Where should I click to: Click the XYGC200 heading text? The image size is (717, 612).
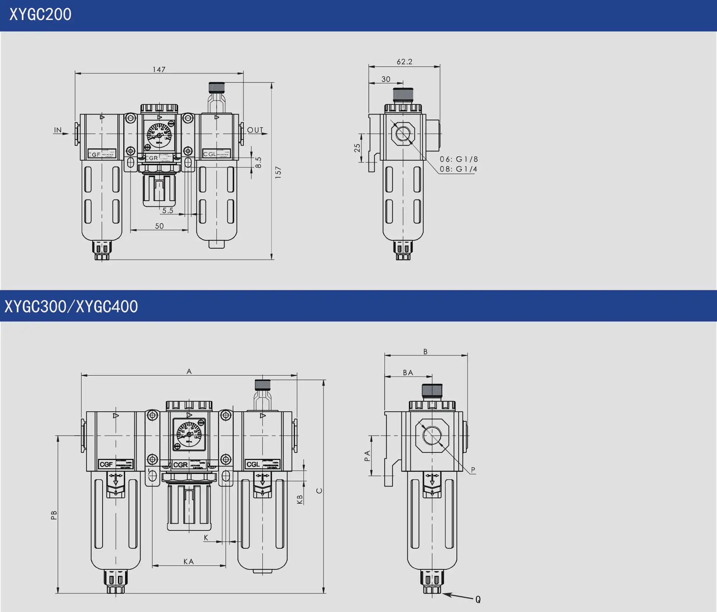click(x=40, y=15)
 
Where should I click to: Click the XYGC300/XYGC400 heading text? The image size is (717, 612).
click(x=71, y=307)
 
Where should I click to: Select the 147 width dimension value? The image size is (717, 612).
click(x=159, y=70)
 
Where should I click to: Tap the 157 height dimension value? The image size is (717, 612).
click(x=278, y=173)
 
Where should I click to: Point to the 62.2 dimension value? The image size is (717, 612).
click(x=404, y=62)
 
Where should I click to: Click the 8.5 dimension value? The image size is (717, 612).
click(x=258, y=162)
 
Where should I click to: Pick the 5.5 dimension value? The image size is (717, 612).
click(x=167, y=211)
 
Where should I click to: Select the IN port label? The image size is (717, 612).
click(x=58, y=130)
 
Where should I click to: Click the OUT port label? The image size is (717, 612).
click(x=255, y=130)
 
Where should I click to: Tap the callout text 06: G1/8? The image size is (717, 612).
click(x=459, y=159)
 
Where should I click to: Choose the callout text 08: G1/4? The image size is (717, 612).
click(x=459, y=169)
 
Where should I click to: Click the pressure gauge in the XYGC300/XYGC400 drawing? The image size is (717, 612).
click(x=189, y=434)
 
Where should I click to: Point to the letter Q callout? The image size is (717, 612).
click(x=478, y=599)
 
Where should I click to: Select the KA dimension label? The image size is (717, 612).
click(x=189, y=562)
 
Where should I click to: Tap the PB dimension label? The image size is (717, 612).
click(x=54, y=516)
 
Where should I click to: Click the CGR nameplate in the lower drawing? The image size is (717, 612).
click(x=180, y=465)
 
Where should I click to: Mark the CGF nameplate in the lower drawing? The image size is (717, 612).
click(x=106, y=465)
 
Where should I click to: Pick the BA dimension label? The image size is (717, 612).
click(x=408, y=373)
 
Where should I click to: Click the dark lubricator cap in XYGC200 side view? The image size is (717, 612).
click(x=403, y=95)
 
